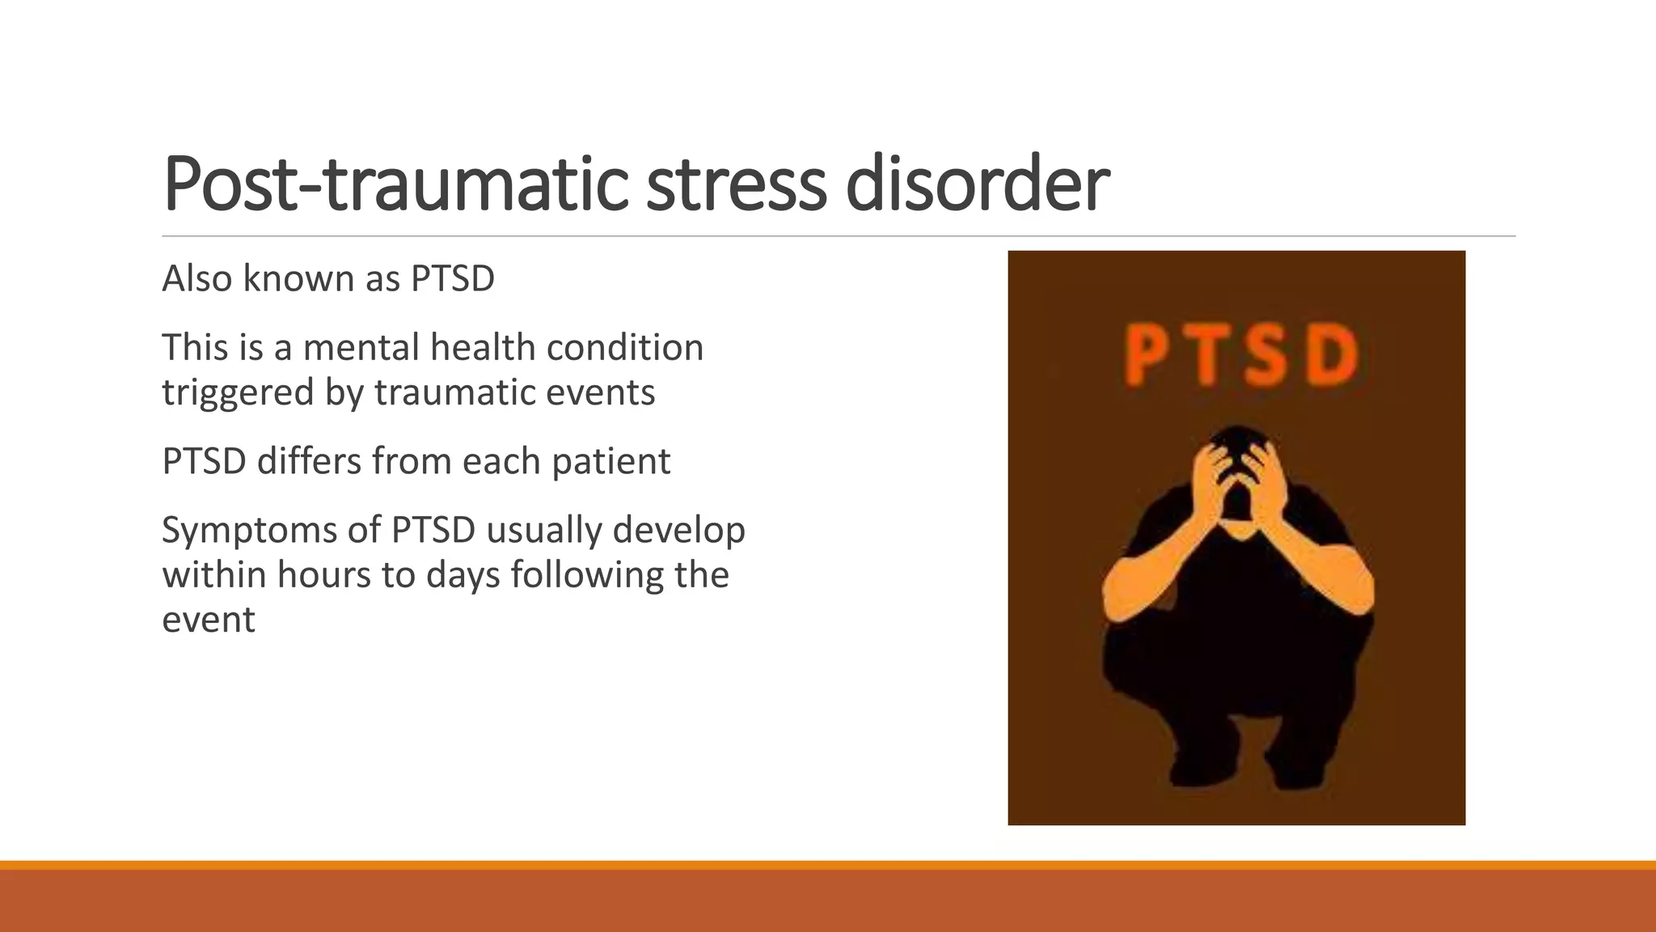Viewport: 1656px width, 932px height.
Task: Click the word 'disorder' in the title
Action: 977,184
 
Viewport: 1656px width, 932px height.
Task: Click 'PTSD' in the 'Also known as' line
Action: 452,279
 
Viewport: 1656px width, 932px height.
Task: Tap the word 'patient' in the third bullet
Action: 610,462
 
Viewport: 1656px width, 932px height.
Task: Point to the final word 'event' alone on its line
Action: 209,621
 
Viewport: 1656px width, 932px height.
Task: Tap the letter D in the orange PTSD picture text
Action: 1331,355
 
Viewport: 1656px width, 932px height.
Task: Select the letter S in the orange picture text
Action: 1266,355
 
